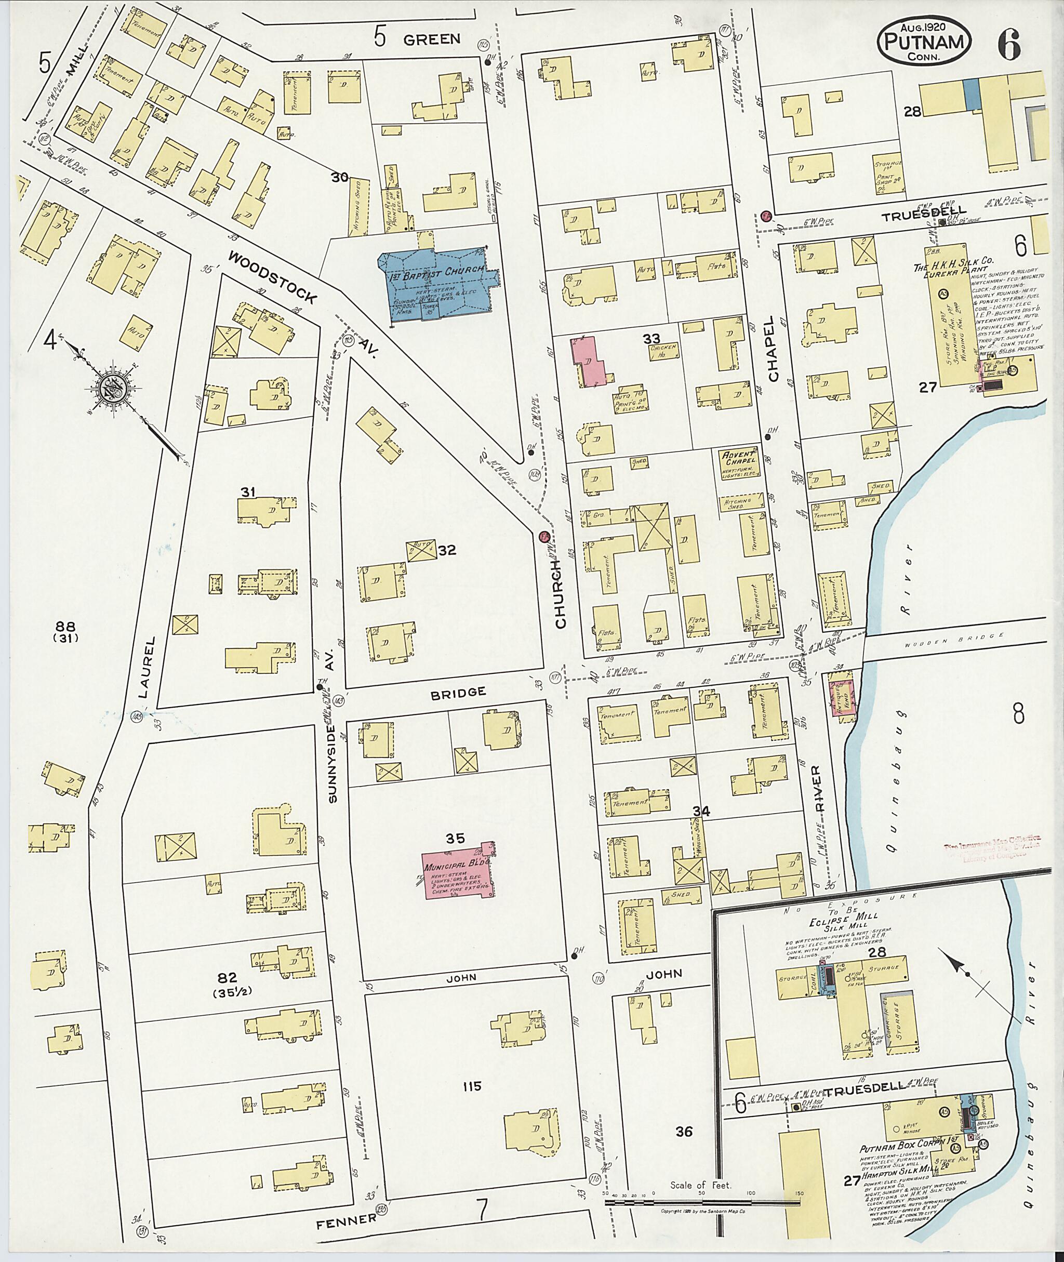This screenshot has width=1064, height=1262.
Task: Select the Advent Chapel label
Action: point(738,460)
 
